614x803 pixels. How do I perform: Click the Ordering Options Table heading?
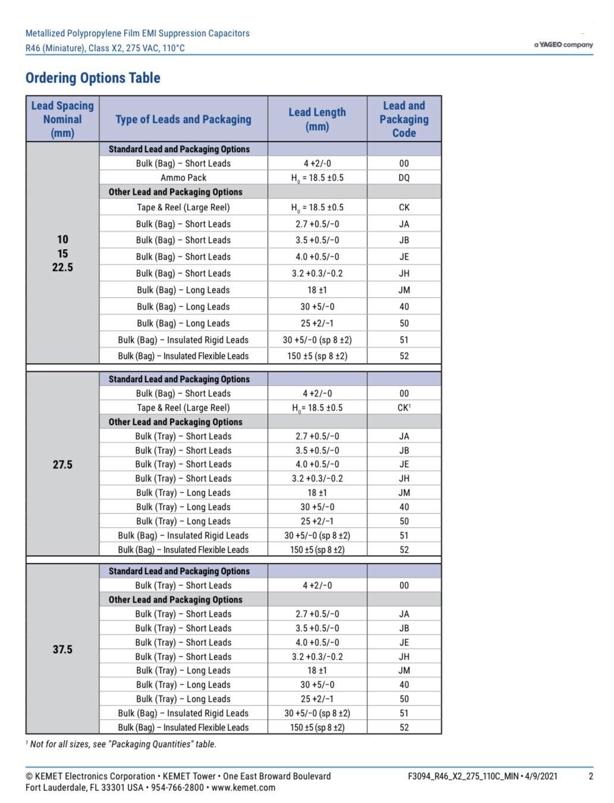tap(93, 78)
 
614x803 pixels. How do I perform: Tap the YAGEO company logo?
tap(563, 45)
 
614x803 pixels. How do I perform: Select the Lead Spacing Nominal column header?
tap(62, 119)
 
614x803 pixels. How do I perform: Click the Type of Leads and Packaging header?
tap(183, 119)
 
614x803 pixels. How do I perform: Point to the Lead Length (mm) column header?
tap(317, 119)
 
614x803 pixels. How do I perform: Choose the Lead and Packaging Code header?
tap(404, 119)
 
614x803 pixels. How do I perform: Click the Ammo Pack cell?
tap(183, 178)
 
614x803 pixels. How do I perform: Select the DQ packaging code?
tap(404, 178)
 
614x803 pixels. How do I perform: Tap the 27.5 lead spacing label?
tap(62, 464)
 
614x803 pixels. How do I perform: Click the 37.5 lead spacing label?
tap(62, 649)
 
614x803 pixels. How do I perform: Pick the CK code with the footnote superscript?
tap(404, 408)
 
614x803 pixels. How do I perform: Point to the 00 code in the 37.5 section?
tap(404, 585)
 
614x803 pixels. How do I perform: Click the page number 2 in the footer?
tap(590, 776)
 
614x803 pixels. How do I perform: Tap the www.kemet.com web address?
tap(243, 788)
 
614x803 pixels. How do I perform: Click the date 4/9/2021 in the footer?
tap(540, 776)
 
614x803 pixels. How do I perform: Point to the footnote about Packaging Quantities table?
tap(121, 744)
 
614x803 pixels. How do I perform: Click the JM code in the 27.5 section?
tap(404, 493)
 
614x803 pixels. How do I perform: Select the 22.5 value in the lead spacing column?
tap(62, 267)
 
